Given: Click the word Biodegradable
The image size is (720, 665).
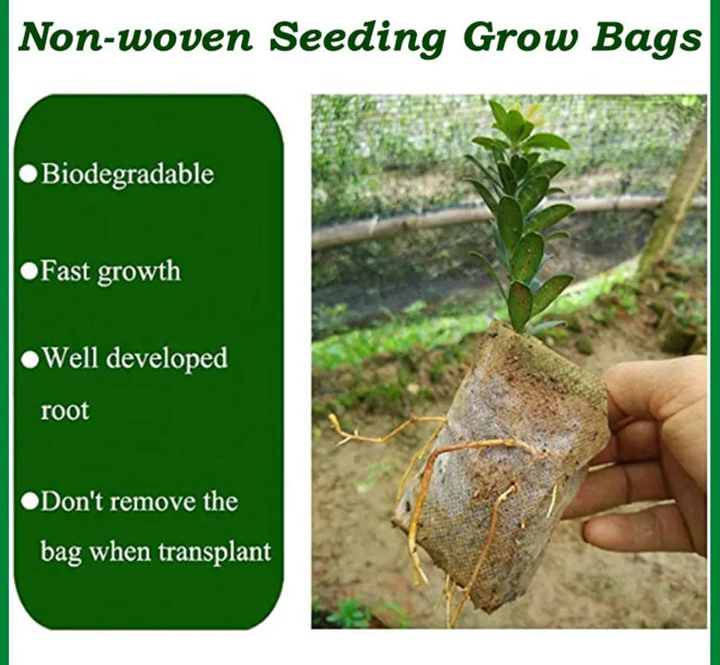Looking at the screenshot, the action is coord(128,174).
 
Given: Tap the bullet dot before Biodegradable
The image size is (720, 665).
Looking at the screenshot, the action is coord(29,174).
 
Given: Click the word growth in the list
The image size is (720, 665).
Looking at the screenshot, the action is coord(138,273).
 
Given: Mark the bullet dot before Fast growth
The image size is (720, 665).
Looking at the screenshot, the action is coord(29,271).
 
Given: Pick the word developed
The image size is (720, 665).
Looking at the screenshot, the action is coord(167,359).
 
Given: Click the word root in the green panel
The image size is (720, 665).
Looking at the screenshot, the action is coord(65,410).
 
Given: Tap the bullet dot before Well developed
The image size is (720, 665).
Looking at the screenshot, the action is coord(30,360).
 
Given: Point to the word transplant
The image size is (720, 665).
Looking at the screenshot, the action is coord(215,552).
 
